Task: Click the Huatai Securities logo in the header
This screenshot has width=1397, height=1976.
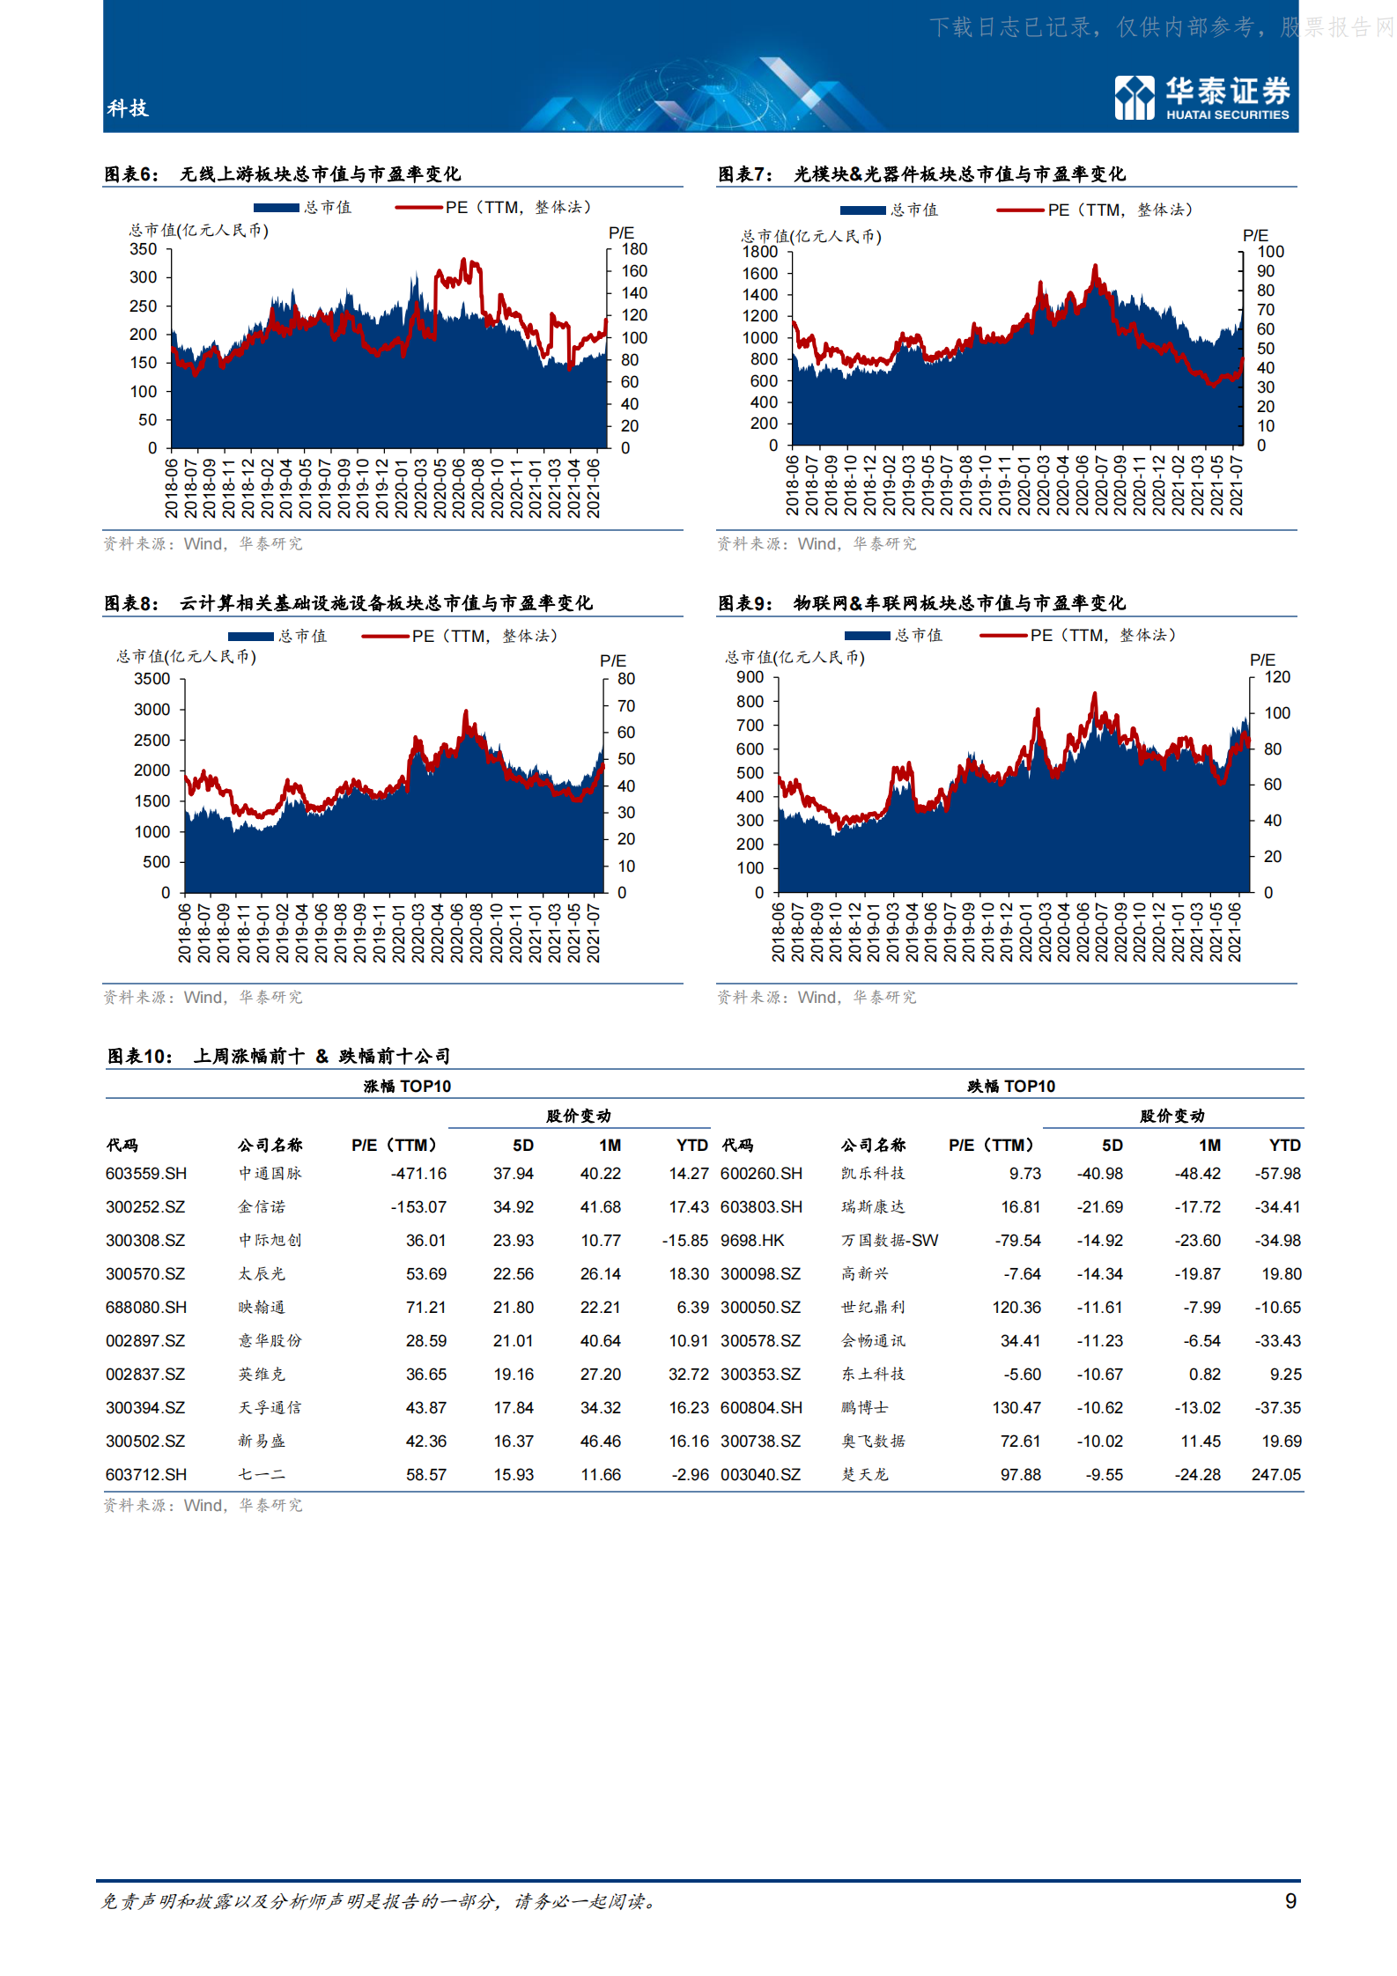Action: tap(1201, 97)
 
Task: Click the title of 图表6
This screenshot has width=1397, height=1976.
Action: tap(282, 173)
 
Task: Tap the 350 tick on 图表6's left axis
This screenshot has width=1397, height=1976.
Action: tap(144, 249)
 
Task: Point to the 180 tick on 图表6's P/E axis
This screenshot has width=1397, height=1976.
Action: tap(634, 249)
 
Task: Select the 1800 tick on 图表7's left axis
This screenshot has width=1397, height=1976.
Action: tap(760, 252)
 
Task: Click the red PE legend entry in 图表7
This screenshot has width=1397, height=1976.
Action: tap(1095, 210)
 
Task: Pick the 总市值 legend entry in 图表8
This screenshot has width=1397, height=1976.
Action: tap(277, 636)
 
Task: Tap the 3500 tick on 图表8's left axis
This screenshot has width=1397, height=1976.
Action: tap(152, 679)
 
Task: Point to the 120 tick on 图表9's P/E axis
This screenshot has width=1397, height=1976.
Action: tap(1277, 677)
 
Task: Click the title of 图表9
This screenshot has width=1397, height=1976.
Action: tap(920, 602)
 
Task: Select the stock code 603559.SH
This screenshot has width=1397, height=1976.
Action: tap(146, 1174)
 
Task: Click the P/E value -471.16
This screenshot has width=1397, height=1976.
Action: tap(418, 1174)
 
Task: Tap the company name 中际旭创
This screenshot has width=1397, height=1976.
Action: tap(270, 1241)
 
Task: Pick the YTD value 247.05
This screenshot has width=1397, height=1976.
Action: tap(1275, 1475)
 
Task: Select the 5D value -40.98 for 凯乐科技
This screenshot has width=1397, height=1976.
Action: tap(1099, 1174)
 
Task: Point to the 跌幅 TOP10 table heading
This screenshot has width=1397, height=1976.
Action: tap(1011, 1086)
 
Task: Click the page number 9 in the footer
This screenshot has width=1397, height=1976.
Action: tap(1290, 1901)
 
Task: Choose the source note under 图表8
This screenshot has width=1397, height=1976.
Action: tap(203, 997)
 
